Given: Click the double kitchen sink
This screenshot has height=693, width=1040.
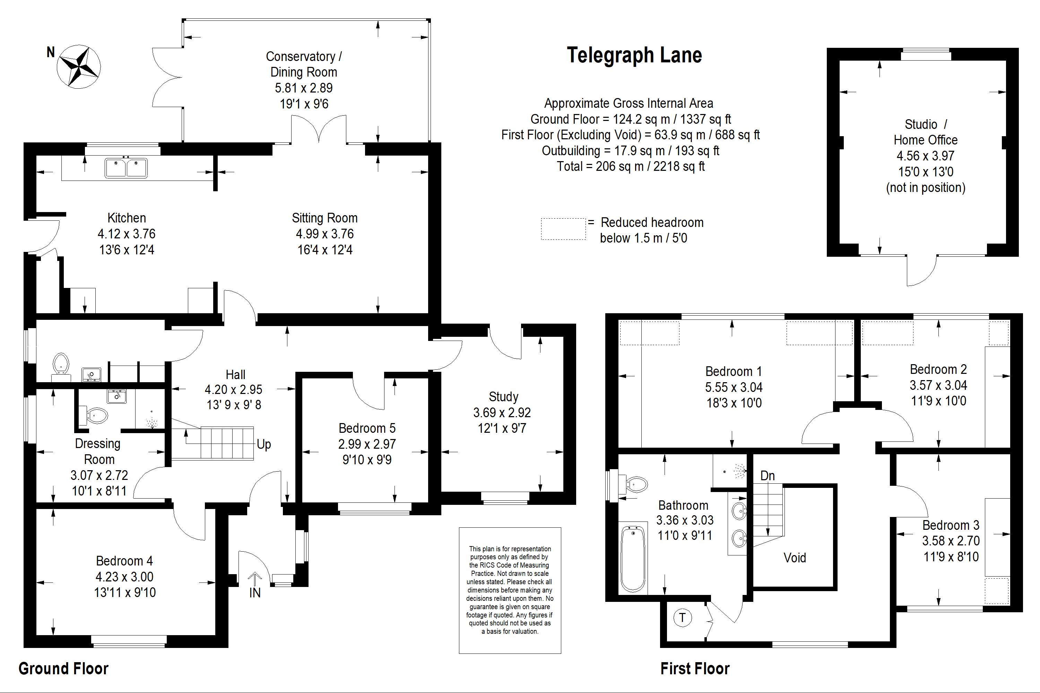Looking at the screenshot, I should point(126,168).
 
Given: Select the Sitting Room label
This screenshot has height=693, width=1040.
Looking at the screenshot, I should point(324,218).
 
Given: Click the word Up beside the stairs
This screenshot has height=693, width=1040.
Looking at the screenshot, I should point(263,444).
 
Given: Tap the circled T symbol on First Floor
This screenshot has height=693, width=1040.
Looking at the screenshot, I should point(682,617).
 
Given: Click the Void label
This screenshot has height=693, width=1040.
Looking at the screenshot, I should point(795,558).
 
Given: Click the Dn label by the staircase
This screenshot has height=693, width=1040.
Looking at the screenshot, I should point(767,476).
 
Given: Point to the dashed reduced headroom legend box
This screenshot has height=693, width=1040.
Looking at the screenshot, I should point(563,229).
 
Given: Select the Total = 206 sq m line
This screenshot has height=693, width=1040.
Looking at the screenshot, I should point(630,167).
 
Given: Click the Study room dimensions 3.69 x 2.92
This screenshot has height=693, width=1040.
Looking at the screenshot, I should point(502,412).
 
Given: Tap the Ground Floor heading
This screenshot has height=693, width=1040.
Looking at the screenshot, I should point(63,669).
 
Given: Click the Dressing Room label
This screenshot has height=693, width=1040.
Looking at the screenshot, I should point(98,451).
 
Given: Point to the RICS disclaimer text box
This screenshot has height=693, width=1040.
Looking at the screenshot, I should point(510,590).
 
